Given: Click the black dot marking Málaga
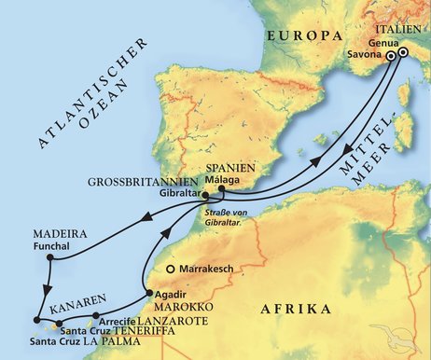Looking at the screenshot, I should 221,189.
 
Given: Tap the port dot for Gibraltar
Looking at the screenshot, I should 198,195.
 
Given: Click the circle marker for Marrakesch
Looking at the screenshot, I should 171,270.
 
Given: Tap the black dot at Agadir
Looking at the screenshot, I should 147,295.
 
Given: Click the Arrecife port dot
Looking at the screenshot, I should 94,315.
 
